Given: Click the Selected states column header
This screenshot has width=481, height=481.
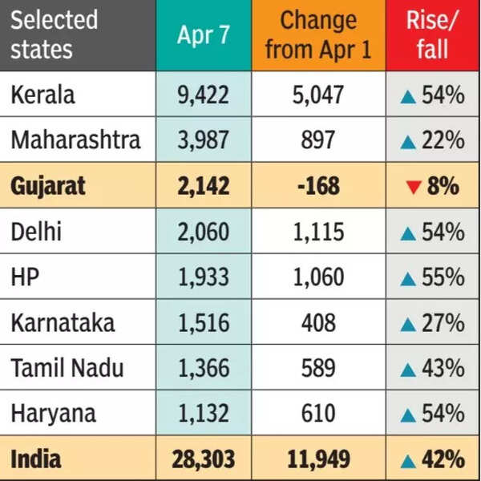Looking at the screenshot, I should coord(54,34).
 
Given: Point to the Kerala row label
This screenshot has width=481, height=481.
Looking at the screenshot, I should coord(42,95).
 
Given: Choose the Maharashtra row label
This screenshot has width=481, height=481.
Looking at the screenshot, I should coord(75,140).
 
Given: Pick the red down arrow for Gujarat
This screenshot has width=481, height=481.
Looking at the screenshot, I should coord(413,188).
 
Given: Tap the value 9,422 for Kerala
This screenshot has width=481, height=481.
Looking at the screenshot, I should coord(203,95).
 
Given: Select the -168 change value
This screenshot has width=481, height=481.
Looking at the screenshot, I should coord(318,187).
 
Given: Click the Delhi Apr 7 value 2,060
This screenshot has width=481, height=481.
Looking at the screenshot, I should coord(203,232).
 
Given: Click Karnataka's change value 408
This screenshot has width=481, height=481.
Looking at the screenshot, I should coord(318,323).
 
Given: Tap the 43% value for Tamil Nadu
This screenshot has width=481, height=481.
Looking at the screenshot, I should coord(443,369).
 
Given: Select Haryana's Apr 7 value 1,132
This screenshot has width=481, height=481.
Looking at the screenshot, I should coord(203,414).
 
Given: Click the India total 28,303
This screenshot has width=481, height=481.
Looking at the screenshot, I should coord(203,459).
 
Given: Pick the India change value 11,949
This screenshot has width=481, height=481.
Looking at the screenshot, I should coord(318,459).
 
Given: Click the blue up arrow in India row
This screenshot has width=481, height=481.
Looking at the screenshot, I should coord(408,460).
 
